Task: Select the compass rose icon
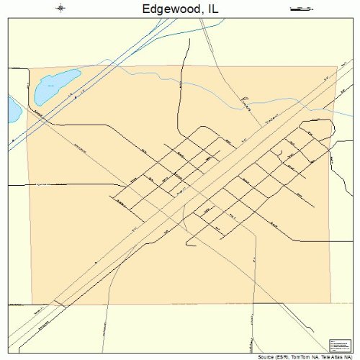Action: [60, 9]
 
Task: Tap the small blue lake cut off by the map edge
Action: [14, 109]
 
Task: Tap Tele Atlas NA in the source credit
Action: [336, 356]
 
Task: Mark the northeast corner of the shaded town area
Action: [337, 67]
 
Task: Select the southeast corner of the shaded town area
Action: [331, 303]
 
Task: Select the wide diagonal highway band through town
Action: [180, 194]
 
